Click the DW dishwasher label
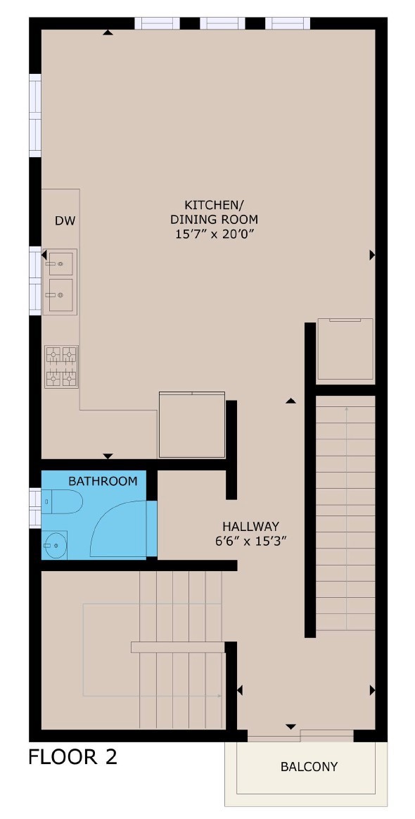tap(65, 220)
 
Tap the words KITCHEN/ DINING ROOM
tap(214, 212)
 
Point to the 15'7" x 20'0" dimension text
tap(214, 234)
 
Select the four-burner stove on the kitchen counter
tap(61, 366)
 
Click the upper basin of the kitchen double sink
tap(62, 263)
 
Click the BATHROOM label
tap(102, 481)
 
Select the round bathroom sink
tap(54, 544)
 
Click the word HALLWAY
tap(250, 526)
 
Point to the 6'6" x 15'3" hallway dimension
tap(250, 542)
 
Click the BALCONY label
tap(309, 767)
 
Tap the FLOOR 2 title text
tap(72, 757)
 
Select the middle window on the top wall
tap(222, 23)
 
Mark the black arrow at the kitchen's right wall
tap(372, 255)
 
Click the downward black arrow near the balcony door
tap(290, 726)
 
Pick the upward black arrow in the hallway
tap(290, 401)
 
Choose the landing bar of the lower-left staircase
tap(177, 647)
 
